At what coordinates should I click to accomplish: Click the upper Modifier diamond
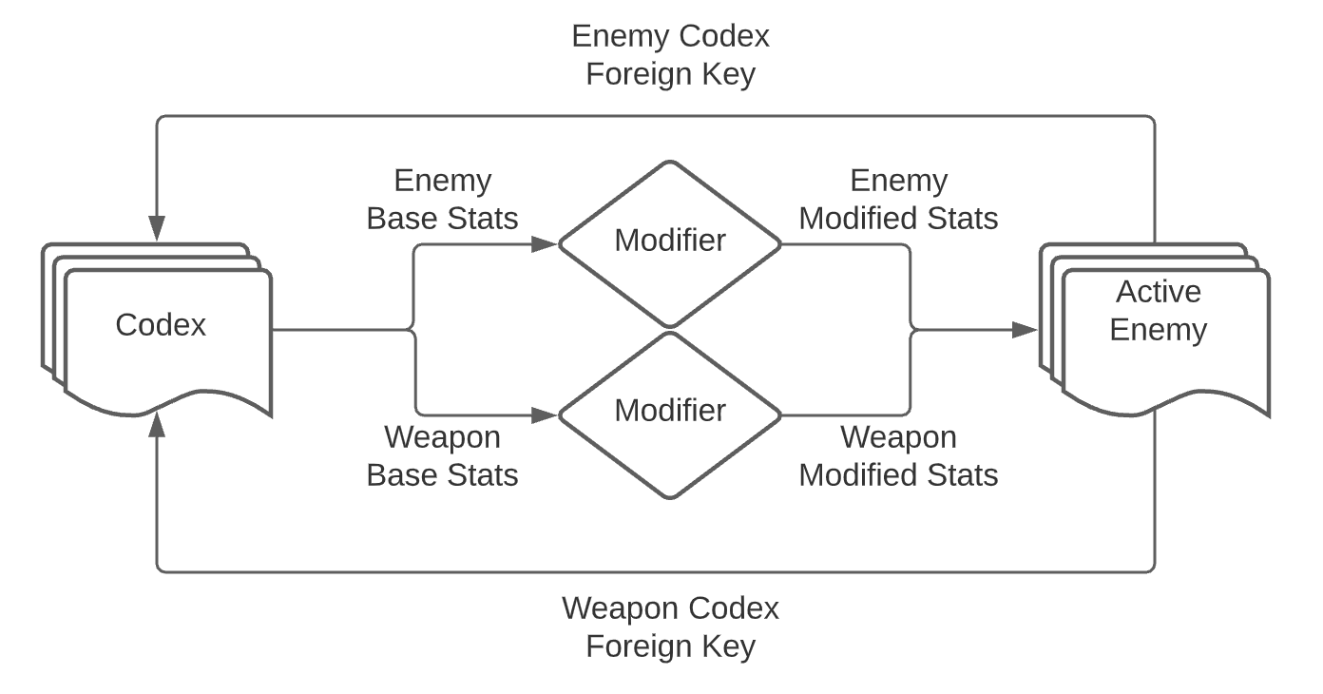click(x=669, y=243)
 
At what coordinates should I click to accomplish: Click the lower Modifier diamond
click(x=669, y=414)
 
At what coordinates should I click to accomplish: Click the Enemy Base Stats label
click(x=442, y=200)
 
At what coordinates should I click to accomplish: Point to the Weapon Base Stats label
click(x=442, y=455)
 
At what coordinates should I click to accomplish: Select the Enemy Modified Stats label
click(x=898, y=200)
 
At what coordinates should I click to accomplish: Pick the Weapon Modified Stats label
click(x=898, y=455)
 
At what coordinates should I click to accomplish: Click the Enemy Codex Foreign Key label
click(x=670, y=55)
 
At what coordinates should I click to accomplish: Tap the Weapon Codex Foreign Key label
click(x=670, y=627)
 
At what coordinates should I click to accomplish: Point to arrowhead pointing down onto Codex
click(x=157, y=228)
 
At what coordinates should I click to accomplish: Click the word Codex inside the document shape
click(x=161, y=325)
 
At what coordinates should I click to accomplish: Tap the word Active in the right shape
click(x=1158, y=292)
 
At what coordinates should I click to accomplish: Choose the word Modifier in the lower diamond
click(x=669, y=411)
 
